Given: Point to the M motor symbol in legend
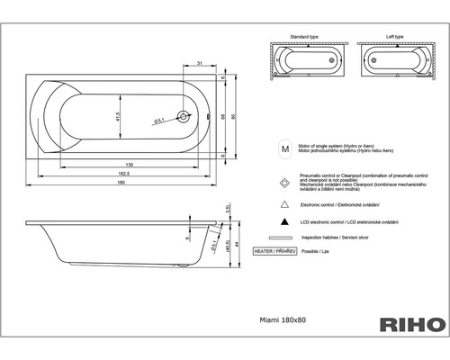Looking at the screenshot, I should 284,145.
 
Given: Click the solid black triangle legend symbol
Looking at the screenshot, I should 284,221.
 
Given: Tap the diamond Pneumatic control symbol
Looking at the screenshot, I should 284,181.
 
